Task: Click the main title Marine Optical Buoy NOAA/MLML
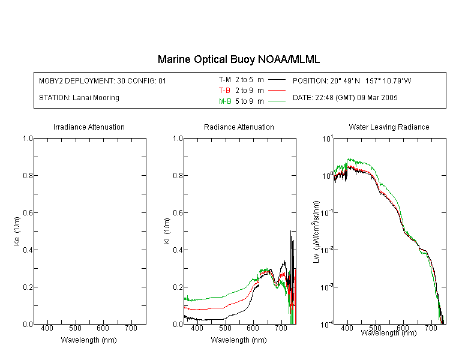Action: tap(238, 59)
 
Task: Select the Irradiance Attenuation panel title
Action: tap(89, 127)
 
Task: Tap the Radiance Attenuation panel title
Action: tap(239, 127)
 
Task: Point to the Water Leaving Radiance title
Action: tap(389, 127)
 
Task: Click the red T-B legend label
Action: tap(224, 91)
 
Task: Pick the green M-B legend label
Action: tap(225, 101)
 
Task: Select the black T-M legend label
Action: tap(225, 80)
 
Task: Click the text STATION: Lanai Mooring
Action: tap(79, 98)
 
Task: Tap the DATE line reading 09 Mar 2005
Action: tap(345, 98)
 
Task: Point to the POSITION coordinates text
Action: tap(352, 80)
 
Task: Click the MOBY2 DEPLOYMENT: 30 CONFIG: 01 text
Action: tap(103, 80)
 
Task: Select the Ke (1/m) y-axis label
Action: tap(17, 231)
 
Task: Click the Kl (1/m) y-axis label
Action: tap(167, 231)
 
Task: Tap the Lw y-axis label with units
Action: tap(316, 232)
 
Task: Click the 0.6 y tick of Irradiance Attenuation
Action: tap(28, 213)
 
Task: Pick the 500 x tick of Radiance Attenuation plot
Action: tap(225, 328)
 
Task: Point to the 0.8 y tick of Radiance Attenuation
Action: tap(178, 175)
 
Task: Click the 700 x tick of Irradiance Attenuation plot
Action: tap(131, 328)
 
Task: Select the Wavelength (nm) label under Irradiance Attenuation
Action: tap(89, 340)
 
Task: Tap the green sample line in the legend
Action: tap(277, 101)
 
